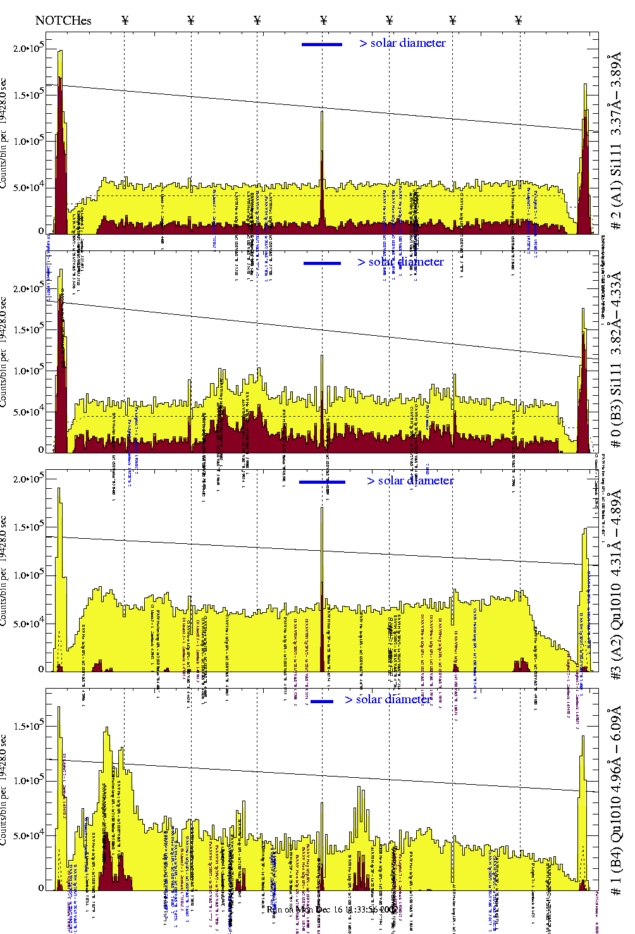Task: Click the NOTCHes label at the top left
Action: pos(63,20)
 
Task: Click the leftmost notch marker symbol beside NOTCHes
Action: pos(125,20)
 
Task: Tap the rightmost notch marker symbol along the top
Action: pos(519,20)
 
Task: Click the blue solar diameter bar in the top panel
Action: pos(322,44)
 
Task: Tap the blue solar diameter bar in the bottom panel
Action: pos(322,701)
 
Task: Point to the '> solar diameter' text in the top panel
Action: pos(402,43)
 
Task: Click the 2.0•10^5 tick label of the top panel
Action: pos(28,49)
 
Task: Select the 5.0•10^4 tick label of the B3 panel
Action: pos(28,412)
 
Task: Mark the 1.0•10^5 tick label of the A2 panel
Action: pos(28,575)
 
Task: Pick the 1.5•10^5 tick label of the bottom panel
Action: pos(28,727)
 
